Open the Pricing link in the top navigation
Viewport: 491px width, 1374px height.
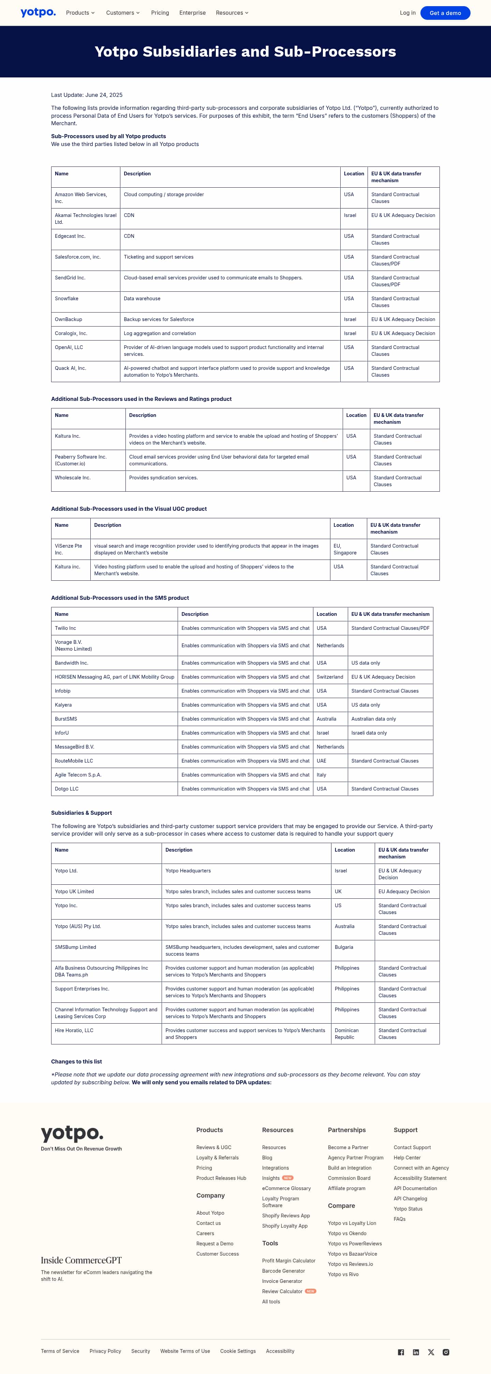coord(160,13)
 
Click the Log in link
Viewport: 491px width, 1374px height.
coord(407,13)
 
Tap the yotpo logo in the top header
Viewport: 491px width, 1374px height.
coord(38,12)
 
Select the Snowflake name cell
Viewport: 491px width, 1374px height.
coord(66,299)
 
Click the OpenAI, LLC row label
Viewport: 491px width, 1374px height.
coord(69,347)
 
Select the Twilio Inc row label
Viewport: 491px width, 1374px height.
coord(65,628)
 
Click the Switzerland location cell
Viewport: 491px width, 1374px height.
coord(329,677)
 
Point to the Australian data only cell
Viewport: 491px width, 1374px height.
coord(373,719)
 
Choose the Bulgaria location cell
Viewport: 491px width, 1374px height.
coord(344,947)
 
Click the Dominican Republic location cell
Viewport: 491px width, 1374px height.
coord(346,1034)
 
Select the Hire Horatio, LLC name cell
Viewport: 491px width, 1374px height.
coord(74,1030)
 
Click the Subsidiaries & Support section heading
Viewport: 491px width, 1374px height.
coord(81,813)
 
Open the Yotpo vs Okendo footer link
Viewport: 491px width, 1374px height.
coord(347,1233)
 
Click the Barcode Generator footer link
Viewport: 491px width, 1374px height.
coord(283,1271)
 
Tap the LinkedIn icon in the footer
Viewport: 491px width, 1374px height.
coord(416,1352)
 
